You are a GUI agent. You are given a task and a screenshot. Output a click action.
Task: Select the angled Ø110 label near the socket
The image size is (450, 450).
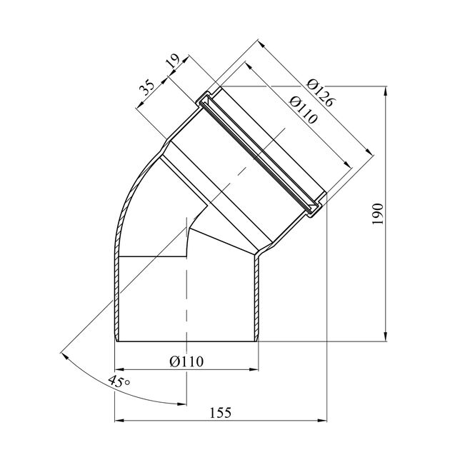304,109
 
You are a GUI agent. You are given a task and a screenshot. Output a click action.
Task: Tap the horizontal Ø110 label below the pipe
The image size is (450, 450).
186,361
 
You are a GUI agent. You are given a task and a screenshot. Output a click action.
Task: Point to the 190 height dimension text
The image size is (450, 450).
378,214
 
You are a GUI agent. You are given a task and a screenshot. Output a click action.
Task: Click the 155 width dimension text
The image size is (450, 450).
221,413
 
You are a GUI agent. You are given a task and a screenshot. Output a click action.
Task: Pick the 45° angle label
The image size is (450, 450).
119,381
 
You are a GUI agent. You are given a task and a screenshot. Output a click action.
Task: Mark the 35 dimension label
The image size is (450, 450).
146,87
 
